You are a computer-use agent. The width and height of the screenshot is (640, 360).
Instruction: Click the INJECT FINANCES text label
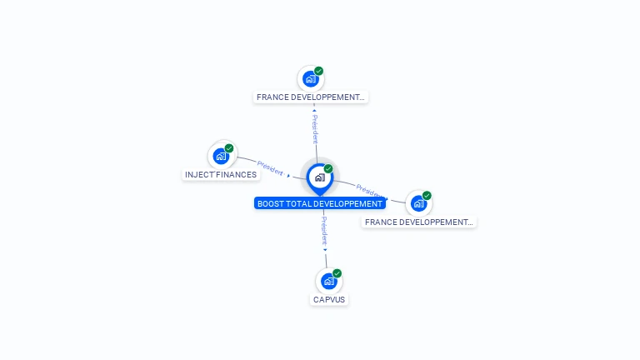click(x=221, y=175)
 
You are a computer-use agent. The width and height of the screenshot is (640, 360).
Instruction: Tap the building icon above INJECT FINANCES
click(x=221, y=156)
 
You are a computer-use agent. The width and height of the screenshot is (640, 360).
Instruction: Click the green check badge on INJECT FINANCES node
click(x=229, y=148)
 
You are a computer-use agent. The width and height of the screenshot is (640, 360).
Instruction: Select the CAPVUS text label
click(x=329, y=299)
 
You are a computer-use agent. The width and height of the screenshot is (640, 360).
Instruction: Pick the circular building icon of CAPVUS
click(x=329, y=281)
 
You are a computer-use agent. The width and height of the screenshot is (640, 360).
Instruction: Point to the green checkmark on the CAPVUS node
click(x=337, y=273)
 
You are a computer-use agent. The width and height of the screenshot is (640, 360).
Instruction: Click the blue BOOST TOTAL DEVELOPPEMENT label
click(x=320, y=203)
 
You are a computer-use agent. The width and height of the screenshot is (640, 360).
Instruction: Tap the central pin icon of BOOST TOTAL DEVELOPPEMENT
click(x=319, y=177)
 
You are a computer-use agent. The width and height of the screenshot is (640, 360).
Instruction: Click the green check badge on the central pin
click(x=328, y=169)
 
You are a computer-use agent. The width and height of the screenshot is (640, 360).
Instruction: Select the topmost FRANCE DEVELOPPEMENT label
click(x=311, y=97)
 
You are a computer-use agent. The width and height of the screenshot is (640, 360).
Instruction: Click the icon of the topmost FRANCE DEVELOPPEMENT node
click(x=311, y=79)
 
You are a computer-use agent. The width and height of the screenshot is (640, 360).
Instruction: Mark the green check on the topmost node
click(x=319, y=72)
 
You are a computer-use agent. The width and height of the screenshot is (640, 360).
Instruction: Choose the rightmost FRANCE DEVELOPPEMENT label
click(x=419, y=222)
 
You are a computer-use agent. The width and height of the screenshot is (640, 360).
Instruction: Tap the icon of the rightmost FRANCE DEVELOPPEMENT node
click(x=418, y=203)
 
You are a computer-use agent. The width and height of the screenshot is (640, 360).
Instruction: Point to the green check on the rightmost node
click(x=427, y=196)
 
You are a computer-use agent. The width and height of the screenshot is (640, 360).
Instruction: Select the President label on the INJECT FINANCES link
click(x=270, y=167)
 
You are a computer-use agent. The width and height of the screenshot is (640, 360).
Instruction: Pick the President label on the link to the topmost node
click(x=315, y=128)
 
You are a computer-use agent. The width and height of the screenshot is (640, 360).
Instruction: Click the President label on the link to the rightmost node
click(x=369, y=189)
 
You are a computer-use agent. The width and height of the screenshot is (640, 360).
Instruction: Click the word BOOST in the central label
click(x=270, y=203)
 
